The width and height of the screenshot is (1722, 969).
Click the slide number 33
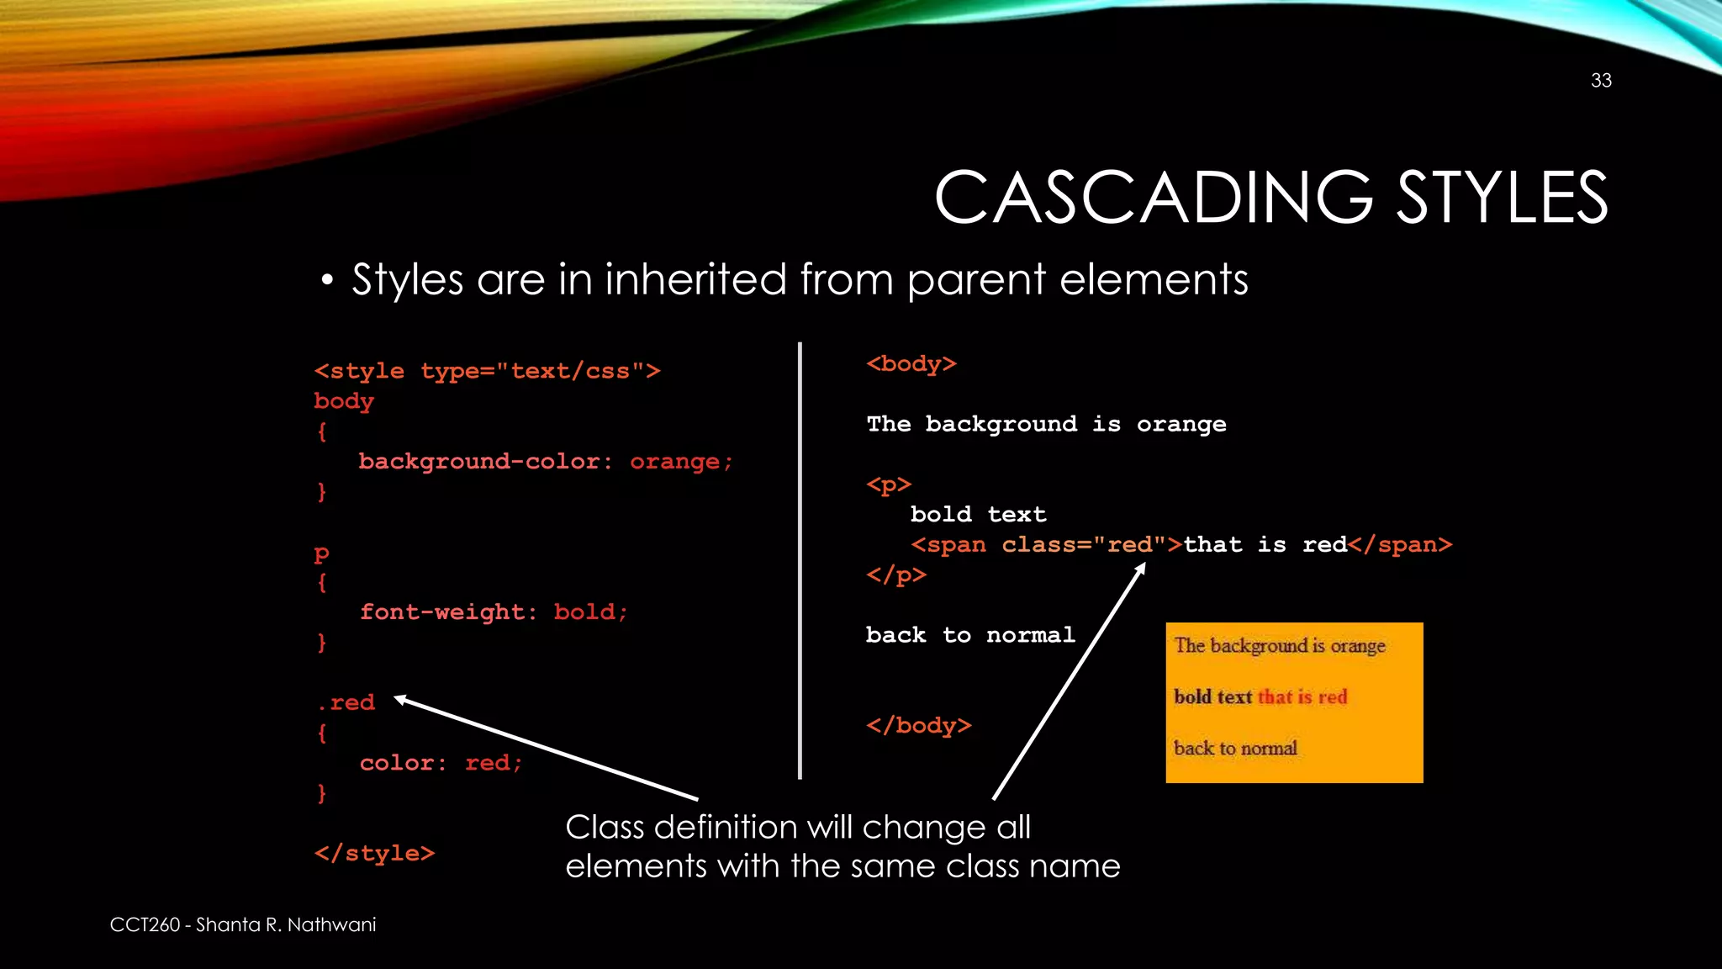[x=1601, y=81]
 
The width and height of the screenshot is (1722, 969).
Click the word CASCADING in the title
[x=1153, y=198]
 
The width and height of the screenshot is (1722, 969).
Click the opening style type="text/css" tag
[x=487, y=371]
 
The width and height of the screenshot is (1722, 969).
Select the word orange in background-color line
[x=675, y=462]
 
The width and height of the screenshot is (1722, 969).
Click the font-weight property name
[x=443, y=612]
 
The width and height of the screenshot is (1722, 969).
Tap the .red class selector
[x=346, y=702]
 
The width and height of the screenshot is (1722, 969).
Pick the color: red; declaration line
[x=441, y=763]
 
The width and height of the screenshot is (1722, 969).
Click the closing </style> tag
[x=374, y=853]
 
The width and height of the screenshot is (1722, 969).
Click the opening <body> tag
[x=911, y=364]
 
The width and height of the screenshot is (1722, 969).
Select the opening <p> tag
[x=889, y=485]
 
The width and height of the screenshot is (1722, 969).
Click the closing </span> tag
[x=1400, y=545]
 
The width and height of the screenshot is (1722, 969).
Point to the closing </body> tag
[x=918, y=725]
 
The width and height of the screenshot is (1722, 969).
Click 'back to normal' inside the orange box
[x=1235, y=748]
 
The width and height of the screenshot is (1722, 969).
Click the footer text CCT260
[x=145, y=925]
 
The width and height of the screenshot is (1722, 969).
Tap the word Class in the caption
[x=605, y=828]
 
